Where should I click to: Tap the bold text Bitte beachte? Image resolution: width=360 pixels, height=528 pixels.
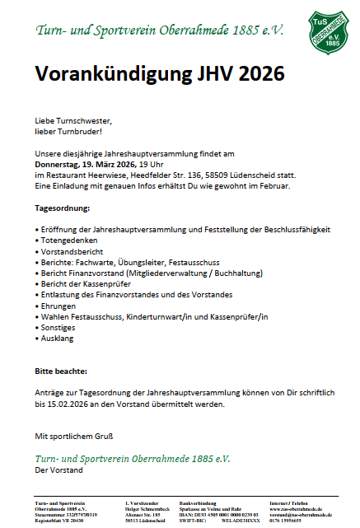(x=62, y=371)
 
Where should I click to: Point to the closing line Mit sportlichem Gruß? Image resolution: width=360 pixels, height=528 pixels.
(x=73, y=436)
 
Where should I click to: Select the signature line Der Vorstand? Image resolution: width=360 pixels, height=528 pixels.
(x=58, y=470)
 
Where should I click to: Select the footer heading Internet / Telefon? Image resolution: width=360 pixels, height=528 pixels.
(x=291, y=502)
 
